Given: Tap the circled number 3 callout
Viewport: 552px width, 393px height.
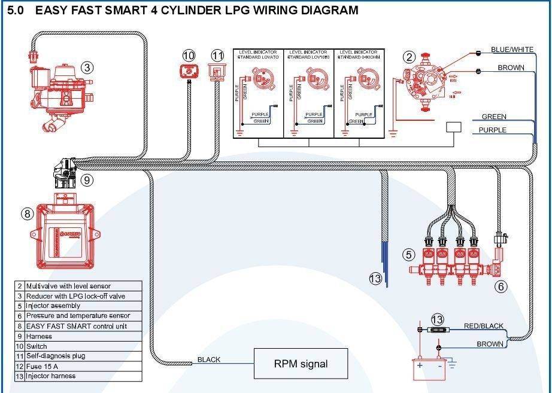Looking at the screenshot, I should (87, 68).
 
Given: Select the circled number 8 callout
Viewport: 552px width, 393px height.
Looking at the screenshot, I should (27, 214).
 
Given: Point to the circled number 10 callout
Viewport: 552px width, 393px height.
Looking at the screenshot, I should (189, 56).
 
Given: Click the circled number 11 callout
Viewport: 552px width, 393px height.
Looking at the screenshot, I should (217, 56).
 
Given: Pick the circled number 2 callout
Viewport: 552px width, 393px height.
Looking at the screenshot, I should (409, 57).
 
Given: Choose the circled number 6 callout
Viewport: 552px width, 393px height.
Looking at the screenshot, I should (501, 287).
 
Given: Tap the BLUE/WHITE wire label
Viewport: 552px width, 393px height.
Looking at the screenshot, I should (512, 50).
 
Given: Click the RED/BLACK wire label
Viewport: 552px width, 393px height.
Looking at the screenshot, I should (484, 326).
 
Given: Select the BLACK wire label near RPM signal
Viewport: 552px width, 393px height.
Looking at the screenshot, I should (209, 360).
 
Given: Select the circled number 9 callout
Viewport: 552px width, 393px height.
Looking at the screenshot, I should (87, 179).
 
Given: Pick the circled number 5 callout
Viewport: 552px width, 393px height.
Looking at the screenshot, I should (409, 255).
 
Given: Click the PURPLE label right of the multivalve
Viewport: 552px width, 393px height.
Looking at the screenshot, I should (492, 130).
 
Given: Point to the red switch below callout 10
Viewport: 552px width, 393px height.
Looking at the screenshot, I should (189, 72).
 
